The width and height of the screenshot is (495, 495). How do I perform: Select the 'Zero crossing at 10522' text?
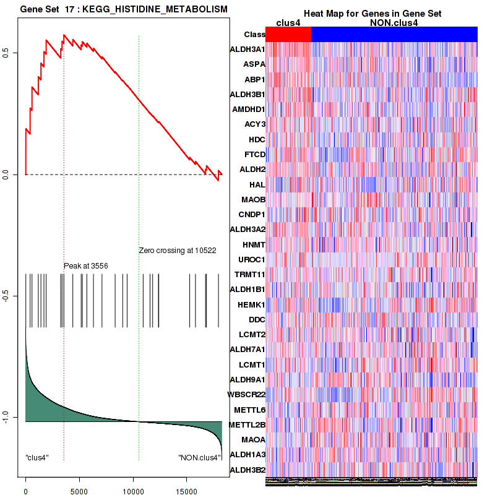[177, 251]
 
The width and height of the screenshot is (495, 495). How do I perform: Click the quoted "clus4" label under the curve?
[37, 458]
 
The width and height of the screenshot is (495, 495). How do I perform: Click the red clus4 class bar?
[288, 35]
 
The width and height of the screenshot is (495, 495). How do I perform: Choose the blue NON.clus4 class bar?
[394, 35]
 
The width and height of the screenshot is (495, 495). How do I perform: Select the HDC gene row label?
[256, 140]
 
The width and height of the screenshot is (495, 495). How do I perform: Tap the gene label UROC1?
[252, 260]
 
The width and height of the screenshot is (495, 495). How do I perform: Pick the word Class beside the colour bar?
[254, 35]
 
